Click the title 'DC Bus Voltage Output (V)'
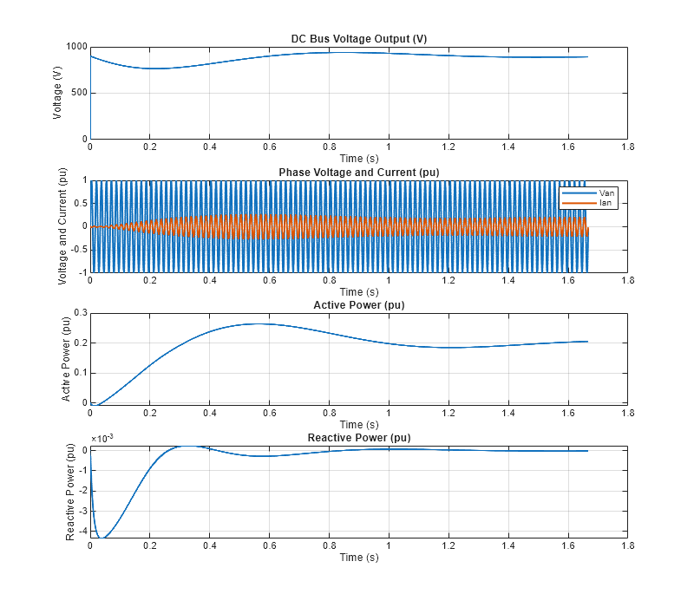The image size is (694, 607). [x=358, y=39]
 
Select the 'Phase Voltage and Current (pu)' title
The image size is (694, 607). [x=358, y=173]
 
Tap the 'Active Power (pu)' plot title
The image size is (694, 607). [x=358, y=305]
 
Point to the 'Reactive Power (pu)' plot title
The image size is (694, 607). [x=358, y=438]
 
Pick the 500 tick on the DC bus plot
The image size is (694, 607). [x=79, y=93]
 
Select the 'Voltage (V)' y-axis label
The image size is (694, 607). [x=58, y=93]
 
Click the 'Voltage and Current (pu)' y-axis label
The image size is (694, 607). [x=63, y=226]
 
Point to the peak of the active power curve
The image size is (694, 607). [x=257, y=323]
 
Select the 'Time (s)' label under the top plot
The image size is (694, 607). [x=358, y=159]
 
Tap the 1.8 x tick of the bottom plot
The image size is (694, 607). [x=627, y=545]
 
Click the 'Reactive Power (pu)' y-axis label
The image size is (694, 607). [x=70, y=492]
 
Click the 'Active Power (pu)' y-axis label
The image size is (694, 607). [x=65, y=359]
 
